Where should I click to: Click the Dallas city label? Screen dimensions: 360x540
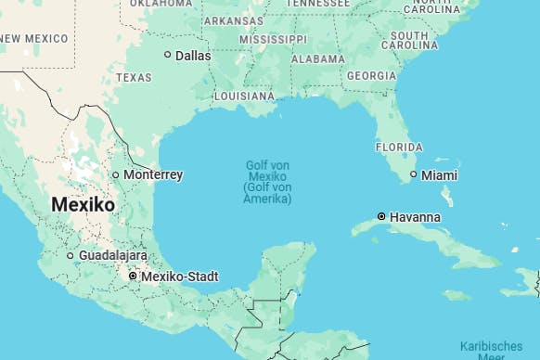tap(193, 56)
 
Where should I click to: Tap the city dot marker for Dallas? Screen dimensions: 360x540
tap(168, 55)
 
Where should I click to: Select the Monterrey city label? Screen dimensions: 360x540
tap(153, 174)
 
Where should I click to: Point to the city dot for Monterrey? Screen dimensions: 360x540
tap(116, 174)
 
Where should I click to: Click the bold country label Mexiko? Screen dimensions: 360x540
tap(83, 204)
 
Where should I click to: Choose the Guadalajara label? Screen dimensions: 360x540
tap(113, 255)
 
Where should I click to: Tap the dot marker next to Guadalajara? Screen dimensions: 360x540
tap(71, 255)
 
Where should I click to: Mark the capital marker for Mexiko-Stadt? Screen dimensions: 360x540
tap(133, 276)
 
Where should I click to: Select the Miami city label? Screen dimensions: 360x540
tap(439, 175)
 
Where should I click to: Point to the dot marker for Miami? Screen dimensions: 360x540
tap(414, 174)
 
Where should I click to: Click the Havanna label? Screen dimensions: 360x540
tap(415, 217)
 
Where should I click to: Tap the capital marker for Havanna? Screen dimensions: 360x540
tap(381, 216)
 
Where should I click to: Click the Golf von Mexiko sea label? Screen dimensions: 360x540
tap(267, 182)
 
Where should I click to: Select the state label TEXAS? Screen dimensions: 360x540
tap(134, 77)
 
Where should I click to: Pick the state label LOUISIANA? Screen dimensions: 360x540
tap(244, 96)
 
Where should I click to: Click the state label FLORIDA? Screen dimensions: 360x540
tap(399, 147)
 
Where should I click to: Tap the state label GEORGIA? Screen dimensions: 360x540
tap(371, 75)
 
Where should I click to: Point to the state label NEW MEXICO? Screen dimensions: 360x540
tap(34, 38)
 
